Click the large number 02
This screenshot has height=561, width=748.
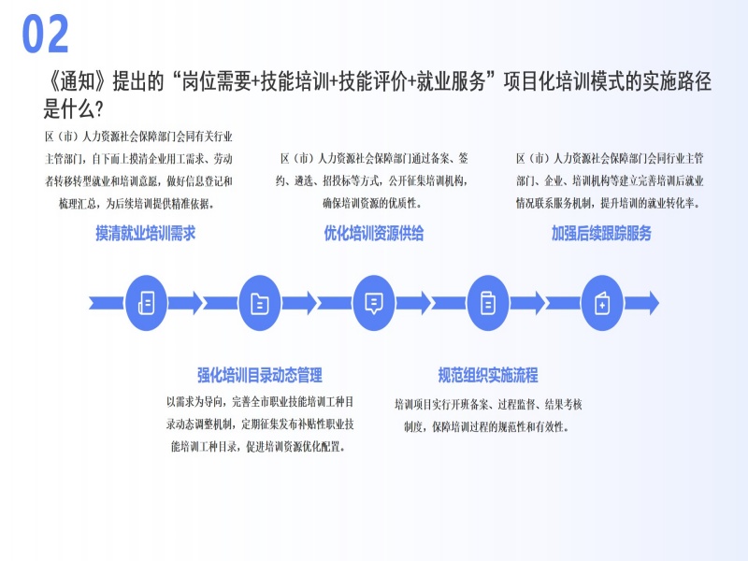[x=46, y=35]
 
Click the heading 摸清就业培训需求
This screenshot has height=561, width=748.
[x=145, y=234]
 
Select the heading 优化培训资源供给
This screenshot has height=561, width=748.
[x=374, y=234]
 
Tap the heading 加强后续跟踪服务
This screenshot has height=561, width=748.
[x=601, y=234]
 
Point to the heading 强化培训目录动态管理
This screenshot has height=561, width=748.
[x=259, y=376]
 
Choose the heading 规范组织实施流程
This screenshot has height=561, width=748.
[x=488, y=376]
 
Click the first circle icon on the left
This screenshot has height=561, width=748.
[x=145, y=303]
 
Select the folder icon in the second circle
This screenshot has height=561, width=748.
[x=259, y=303]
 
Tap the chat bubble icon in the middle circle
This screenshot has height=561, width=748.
[x=374, y=303]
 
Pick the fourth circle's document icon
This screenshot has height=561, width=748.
[x=488, y=303]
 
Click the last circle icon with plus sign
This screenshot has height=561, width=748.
[x=602, y=303]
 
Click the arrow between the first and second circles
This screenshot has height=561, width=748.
[x=202, y=303]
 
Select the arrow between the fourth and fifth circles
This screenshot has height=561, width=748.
[x=545, y=303]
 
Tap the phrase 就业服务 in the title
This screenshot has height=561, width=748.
[x=453, y=82]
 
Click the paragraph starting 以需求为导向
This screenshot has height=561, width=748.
[x=259, y=424]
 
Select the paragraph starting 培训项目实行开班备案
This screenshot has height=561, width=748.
[x=488, y=415]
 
